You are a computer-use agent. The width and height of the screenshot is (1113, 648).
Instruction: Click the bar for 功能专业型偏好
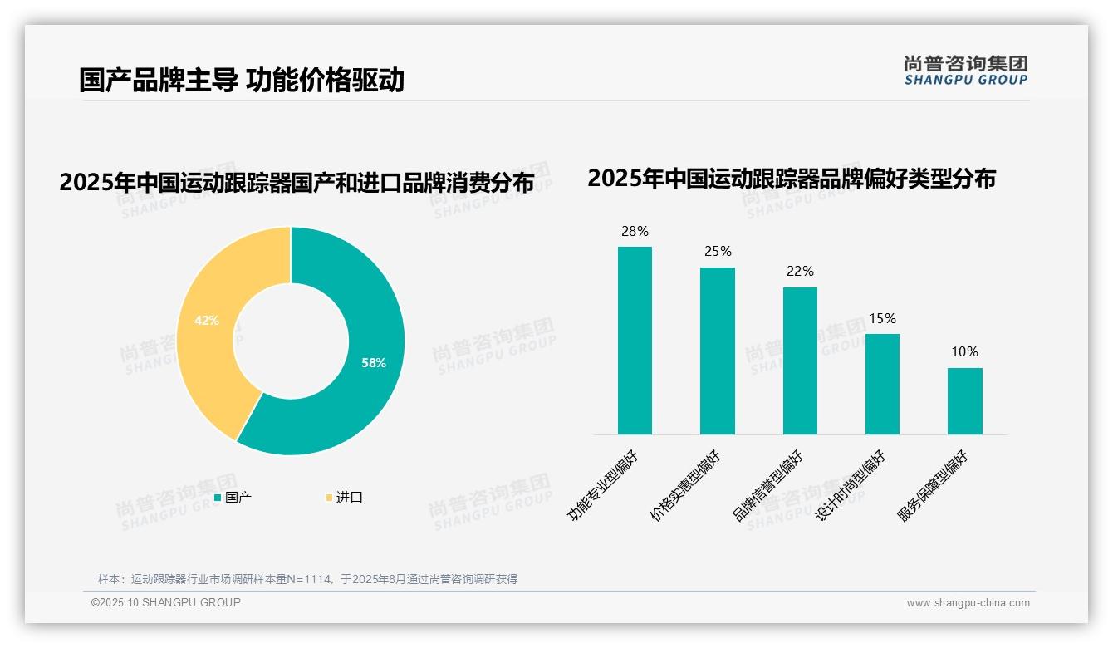pos(635,341)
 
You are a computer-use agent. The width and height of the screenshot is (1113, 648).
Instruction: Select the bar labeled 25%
pos(717,351)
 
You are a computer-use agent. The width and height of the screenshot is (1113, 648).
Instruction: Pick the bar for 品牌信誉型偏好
pos(800,361)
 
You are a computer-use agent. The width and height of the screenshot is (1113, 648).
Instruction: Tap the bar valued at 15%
pos(882,384)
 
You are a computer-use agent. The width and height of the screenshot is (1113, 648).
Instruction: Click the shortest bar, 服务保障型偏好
pos(964,401)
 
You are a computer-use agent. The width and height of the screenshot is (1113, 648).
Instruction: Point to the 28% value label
pos(635,232)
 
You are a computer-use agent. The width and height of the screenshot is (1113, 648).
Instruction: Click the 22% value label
pos(800,272)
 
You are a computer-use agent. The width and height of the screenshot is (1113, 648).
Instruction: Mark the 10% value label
pos(964,352)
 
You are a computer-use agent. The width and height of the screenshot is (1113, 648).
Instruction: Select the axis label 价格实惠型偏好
pos(686,487)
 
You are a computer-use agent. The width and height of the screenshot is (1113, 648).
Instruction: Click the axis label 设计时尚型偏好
pos(851,487)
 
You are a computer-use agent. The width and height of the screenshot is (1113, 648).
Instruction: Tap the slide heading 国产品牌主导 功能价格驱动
pos(242,81)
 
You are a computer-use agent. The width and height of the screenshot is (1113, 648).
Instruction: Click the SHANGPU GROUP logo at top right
pos(965,71)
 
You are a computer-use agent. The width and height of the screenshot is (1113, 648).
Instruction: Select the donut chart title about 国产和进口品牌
pos(296,183)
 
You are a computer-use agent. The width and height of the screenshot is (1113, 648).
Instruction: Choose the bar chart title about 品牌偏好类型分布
pos(791,179)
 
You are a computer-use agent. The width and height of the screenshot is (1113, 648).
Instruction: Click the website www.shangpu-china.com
pos(968,603)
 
